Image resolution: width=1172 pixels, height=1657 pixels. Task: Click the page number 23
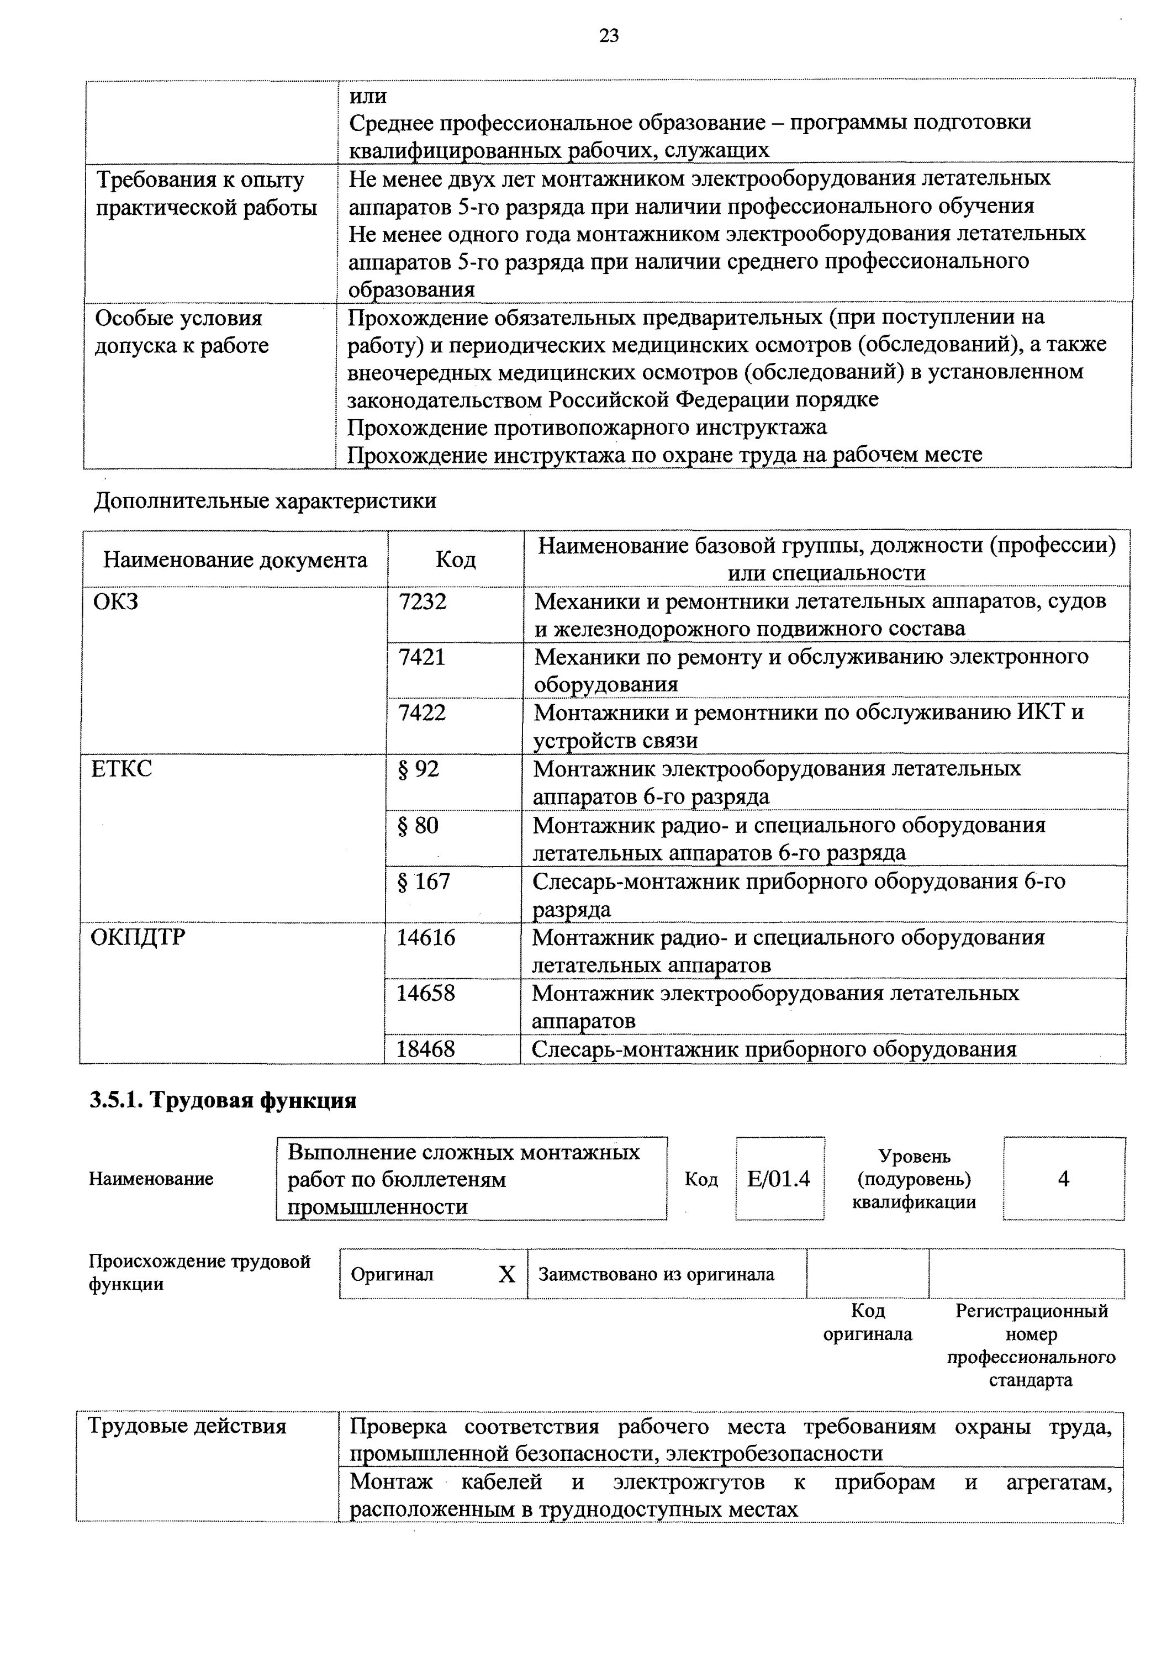[x=609, y=35]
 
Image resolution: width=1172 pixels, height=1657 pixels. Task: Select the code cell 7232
[x=423, y=601]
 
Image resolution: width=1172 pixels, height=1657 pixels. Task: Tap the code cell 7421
[x=422, y=657]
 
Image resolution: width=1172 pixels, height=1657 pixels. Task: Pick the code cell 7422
[x=422, y=713]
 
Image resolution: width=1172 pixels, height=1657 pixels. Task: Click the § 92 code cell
[x=419, y=769]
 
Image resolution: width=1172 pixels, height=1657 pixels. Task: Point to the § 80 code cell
[x=419, y=826]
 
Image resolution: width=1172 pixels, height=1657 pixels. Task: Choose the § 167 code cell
[x=424, y=882]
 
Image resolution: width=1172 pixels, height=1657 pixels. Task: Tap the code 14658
[x=426, y=994]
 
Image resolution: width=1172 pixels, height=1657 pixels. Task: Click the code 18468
[x=426, y=1049]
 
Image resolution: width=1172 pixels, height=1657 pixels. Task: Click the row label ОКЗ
[x=115, y=601]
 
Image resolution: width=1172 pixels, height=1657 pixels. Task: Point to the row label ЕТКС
[x=122, y=769]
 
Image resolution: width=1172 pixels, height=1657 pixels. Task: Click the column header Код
[x=455, y=560]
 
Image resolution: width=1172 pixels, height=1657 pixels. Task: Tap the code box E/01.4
[x=779, y=1179]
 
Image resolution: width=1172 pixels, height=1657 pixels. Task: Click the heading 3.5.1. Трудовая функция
[x=223, y=1101]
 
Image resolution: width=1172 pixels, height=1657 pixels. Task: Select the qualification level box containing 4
[x=1063, y=1179]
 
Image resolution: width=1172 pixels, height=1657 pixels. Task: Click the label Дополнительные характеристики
[x=265, y=502]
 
